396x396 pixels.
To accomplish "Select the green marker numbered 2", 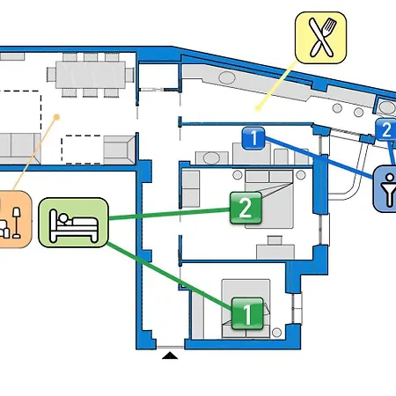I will [x=246, y=209].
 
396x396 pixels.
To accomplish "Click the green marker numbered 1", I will [x=247, y=312].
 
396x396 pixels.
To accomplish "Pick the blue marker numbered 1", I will [x=253, y=137].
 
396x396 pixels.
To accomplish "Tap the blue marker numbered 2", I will [x=385, y=130].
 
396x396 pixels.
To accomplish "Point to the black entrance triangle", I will [x=170, y=355].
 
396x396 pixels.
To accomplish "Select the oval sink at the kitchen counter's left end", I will [x=227, y=78].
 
